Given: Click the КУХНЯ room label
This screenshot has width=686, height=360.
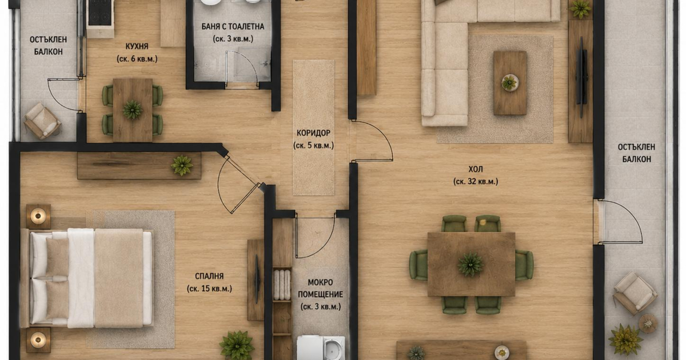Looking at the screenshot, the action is [x=137, y=46].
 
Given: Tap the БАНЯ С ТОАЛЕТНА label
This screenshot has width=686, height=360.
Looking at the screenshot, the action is [x=233, y=27].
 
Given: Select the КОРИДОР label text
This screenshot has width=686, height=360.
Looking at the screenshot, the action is [x=313, y=133].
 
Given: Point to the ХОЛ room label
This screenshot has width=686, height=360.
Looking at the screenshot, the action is [x=476, y=169].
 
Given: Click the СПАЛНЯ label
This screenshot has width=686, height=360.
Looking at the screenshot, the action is [x=209, y=276].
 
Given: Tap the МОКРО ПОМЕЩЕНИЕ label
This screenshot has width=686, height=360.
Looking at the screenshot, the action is [x=320, y=288].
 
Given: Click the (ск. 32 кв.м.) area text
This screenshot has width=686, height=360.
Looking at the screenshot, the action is [x=476, y=182].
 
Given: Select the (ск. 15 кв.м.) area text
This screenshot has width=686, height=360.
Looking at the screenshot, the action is [x=209, y=289].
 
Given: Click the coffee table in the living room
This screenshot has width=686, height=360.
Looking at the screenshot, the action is [x=510, y=83].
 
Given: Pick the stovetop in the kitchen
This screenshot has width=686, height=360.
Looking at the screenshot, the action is [x=99, y=13].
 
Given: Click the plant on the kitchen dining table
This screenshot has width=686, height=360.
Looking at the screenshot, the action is [x=132, y=109].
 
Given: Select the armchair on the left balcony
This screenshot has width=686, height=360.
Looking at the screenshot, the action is [x=42, y=121].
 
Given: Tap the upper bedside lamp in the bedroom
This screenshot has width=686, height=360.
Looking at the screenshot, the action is [x=38, y=216].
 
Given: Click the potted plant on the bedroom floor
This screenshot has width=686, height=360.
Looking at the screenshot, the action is [x=237, y=345].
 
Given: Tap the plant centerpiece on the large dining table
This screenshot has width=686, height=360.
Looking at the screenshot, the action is [x=470, y=264].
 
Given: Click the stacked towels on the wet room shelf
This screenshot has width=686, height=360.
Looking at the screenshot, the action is [x=282, y=285].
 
